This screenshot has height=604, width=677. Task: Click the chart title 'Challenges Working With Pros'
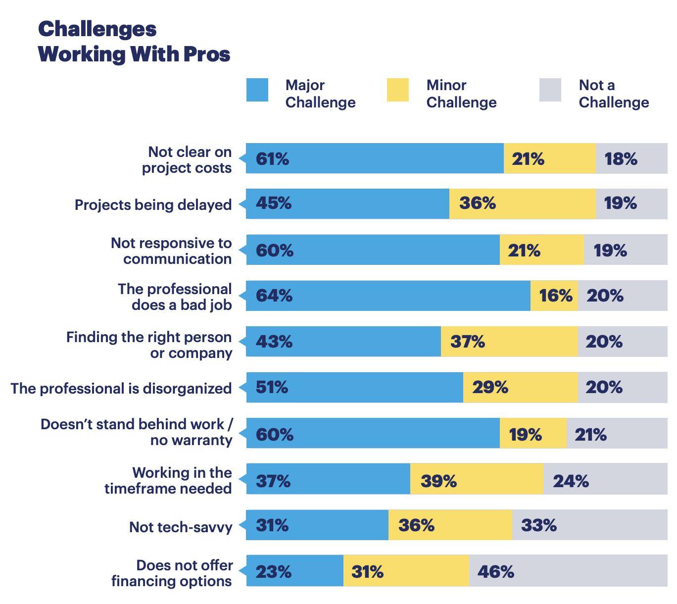[x=134, y=42]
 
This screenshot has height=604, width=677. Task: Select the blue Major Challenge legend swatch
[x=257, y=90]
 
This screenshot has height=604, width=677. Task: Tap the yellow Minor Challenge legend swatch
[x=398, y=90]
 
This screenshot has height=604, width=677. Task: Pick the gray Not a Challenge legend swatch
[x=550, y=90]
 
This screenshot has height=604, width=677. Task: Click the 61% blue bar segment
[x=375, y=158]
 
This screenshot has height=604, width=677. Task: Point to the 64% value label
[x=274, y=296]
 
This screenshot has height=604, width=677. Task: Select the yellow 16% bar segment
[x=554, y=296]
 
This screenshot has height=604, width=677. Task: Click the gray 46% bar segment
[x=568, y=571]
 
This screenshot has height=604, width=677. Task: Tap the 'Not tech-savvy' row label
[x=181, y=527]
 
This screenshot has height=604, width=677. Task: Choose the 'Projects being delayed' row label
[x=153, y=204]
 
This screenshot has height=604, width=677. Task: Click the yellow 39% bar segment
[x=477, y=479]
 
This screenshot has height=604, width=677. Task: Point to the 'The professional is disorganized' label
[x=121, y=388]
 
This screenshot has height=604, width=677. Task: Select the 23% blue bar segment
[x=294, y=571]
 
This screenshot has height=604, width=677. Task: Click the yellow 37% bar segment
[x=509, y=342]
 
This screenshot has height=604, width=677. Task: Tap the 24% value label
[x=571, y=481]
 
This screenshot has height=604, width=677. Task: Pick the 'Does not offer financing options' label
[x=172, y=573]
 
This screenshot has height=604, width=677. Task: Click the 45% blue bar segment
[x=347, y=203]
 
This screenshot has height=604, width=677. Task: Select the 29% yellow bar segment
[x=521, y=387]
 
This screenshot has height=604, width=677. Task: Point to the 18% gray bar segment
[x=631, y=158]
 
